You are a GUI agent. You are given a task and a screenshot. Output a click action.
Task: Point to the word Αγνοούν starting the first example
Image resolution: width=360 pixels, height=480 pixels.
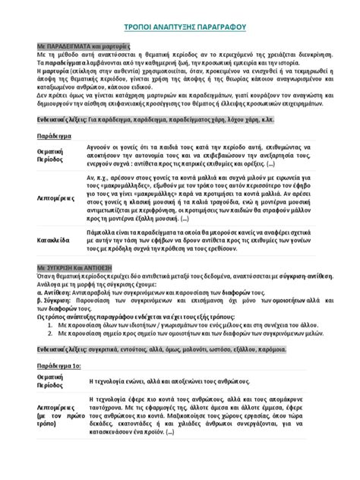pyautogui.click(x=103, y=149)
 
